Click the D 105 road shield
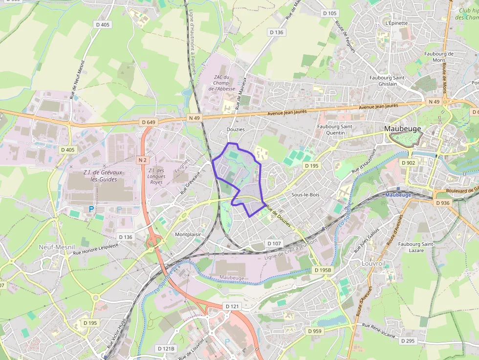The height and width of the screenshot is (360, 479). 330,13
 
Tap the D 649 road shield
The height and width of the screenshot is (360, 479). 147,122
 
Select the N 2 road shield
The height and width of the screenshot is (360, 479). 142,160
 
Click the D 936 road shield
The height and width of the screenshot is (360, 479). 442,203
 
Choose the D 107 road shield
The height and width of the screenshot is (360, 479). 274,243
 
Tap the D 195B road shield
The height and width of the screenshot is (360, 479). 323,270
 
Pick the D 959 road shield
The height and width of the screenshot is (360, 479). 315,331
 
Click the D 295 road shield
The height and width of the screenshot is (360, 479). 410,341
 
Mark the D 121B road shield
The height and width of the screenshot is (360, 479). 166,348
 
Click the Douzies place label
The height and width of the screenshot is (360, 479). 236,129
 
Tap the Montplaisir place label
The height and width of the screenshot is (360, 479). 188,234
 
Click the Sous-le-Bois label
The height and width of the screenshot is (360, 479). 305,194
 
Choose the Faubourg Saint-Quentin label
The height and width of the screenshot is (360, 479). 335,129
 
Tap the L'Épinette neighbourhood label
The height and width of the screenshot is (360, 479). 396,23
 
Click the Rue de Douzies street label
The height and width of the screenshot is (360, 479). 278,216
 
